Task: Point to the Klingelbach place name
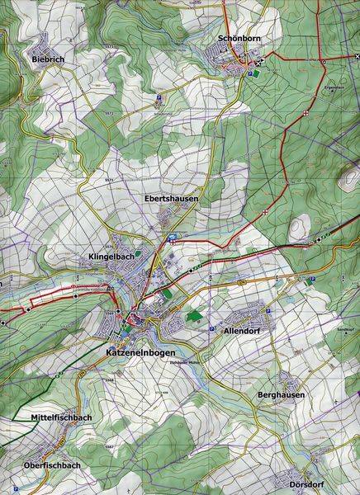pyautogui.click(x=111, y=257)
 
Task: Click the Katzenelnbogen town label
pyautogui.click(x=143, y=352)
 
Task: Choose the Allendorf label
pyautogui.click(x=242, y=330)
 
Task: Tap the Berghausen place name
pyautogui.click(x=280, y=395)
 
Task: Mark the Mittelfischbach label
pyautogui.click(x=60, y=418)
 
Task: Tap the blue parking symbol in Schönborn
pyautogui.click(x=249, y=73)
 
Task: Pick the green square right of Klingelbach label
pyautogui.click(x=138, y=254)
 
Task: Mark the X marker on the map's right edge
pyautogui.click(x=355, y=63)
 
